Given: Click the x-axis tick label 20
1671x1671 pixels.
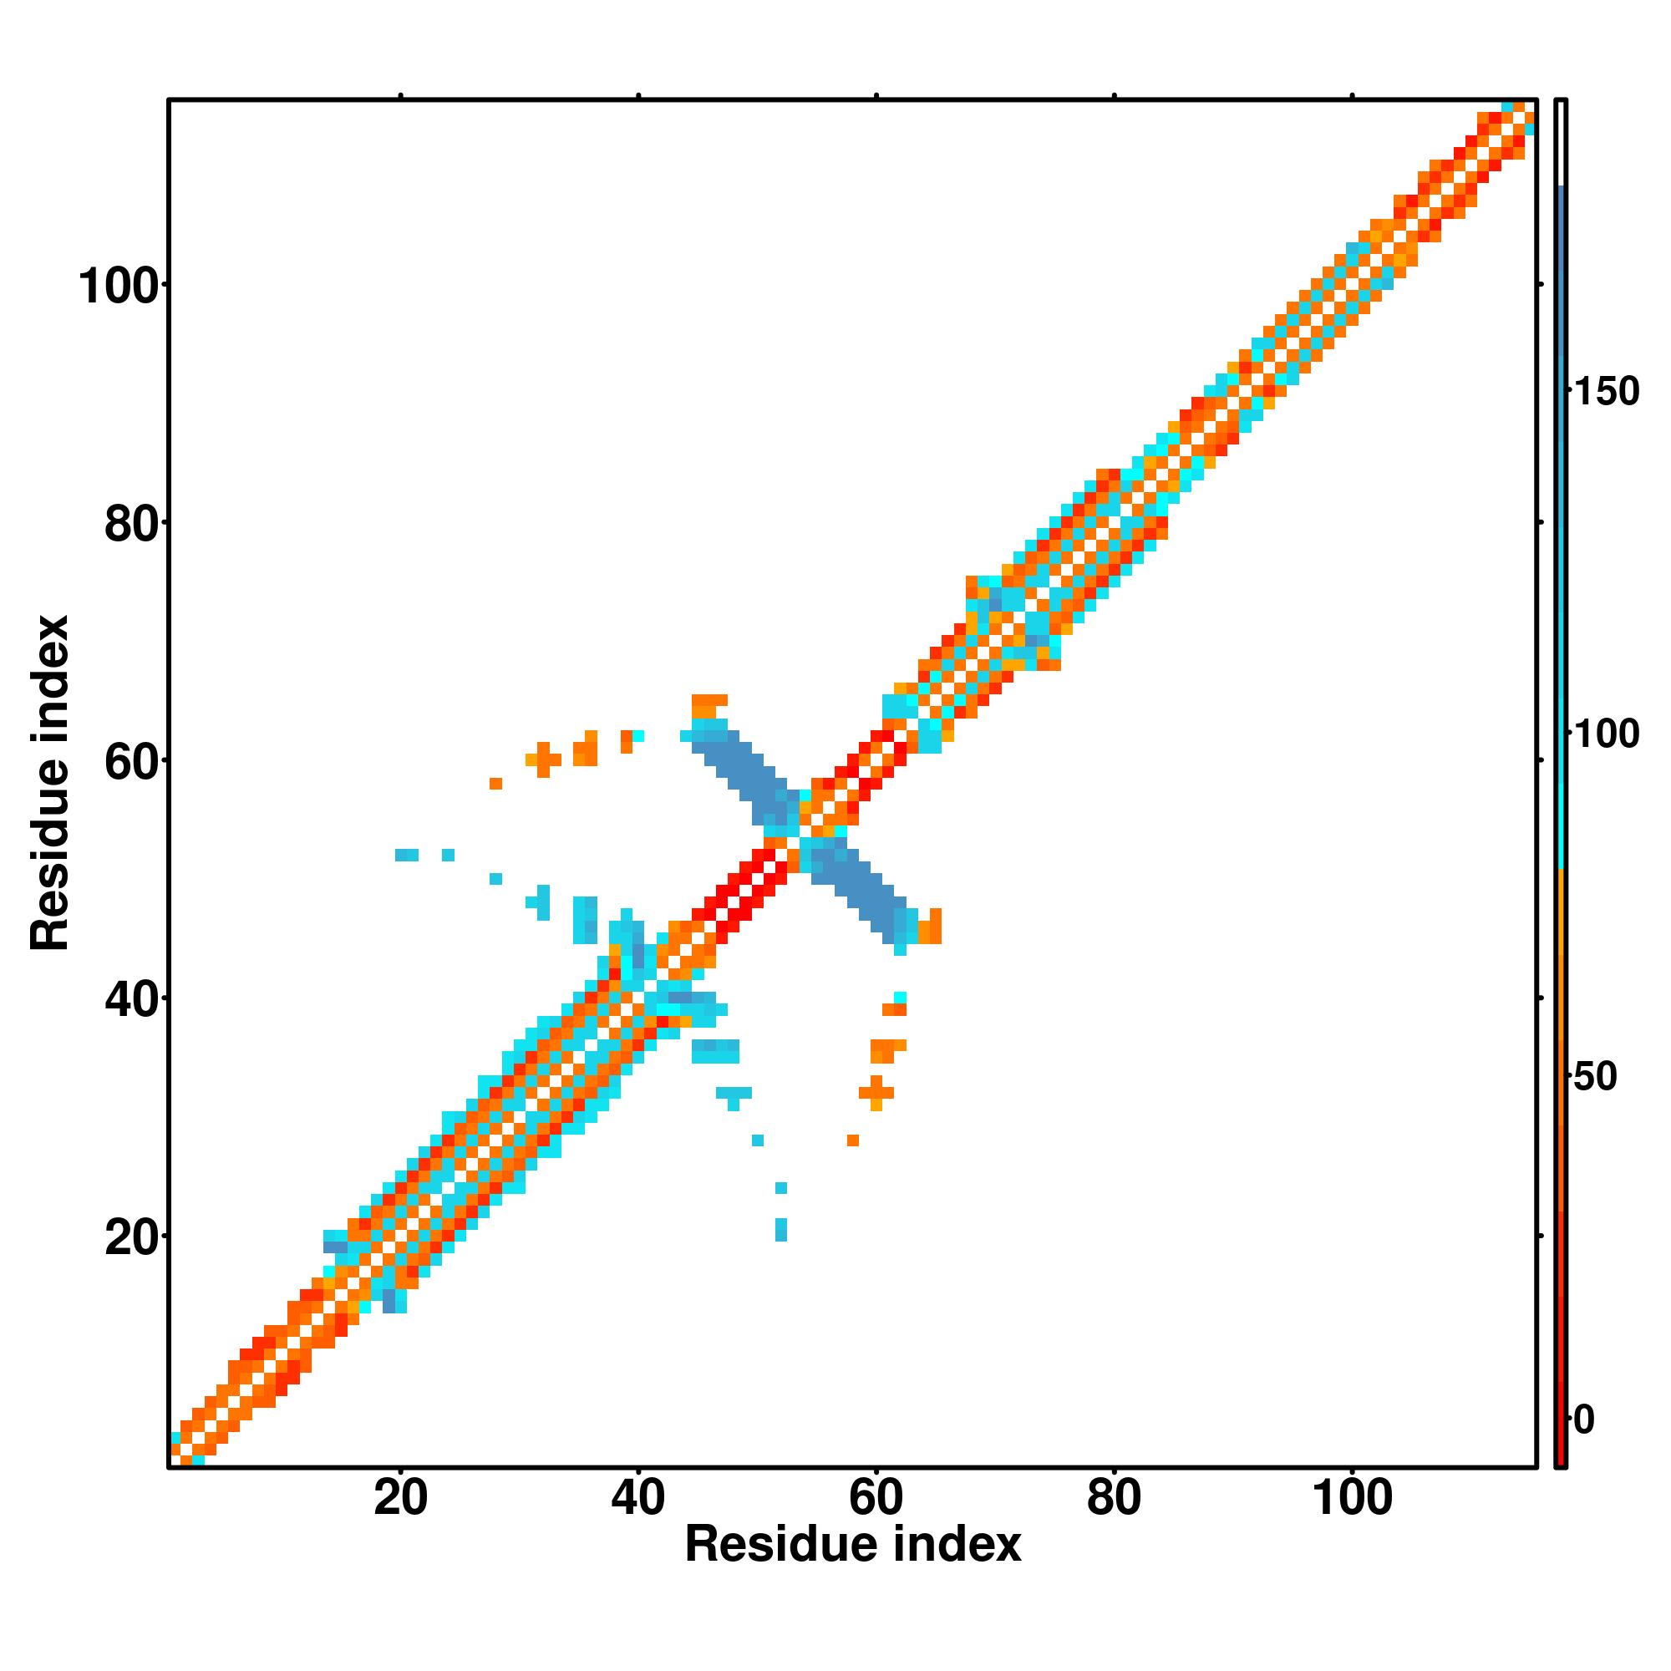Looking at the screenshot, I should pos(400,1499).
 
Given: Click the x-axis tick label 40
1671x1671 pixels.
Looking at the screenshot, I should pos(638,1499).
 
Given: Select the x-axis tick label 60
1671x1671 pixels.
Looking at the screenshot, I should pos(876,1499).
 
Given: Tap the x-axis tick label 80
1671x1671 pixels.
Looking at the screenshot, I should pos(1114,1499).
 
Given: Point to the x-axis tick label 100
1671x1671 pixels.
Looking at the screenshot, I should pos(1353,1499).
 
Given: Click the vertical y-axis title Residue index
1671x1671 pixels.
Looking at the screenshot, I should pos(50,783).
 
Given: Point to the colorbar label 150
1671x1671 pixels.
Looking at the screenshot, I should pos(1607,392).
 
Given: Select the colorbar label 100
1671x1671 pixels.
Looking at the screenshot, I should pos(1607,734).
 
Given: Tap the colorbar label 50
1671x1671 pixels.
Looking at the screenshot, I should pos(1597,1078).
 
